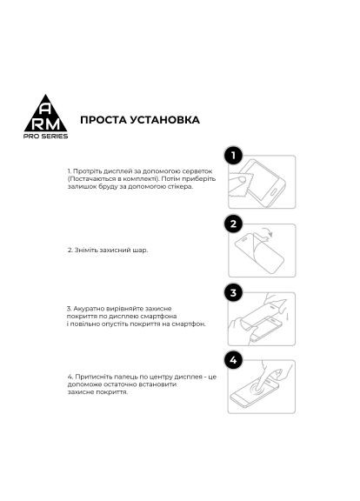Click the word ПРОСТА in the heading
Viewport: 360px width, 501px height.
coord(103,118)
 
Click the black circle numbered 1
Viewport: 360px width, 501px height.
coord(233,156)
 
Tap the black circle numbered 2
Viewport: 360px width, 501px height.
coord(233,224)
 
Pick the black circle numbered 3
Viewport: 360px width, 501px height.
coord(233,291)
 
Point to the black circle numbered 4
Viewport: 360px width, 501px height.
coord(233,359)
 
